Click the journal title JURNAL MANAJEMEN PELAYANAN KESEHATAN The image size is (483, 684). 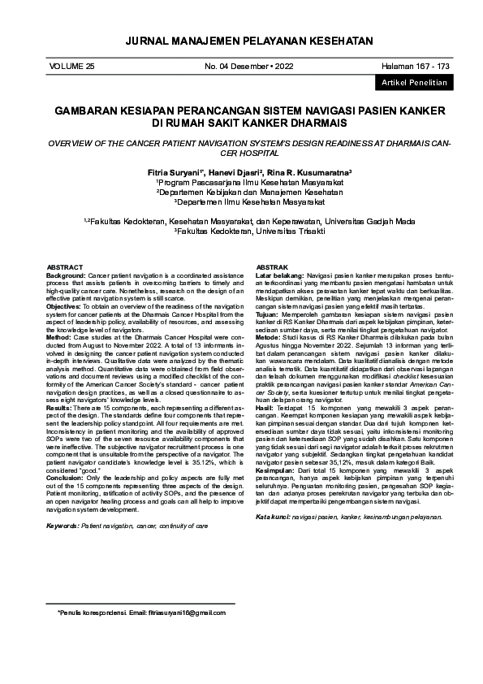coord(241,41)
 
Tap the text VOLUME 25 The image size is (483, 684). coord(72,65)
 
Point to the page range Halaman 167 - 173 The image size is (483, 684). coord(416,65)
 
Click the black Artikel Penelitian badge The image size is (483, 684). coord(412,84)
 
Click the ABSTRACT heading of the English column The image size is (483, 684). coord(65,267)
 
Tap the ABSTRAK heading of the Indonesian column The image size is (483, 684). coord(272,267)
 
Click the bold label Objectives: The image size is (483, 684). coord(63,306)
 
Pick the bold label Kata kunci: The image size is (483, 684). coord(274,517)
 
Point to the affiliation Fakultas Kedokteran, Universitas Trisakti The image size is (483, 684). coord(241,231)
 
